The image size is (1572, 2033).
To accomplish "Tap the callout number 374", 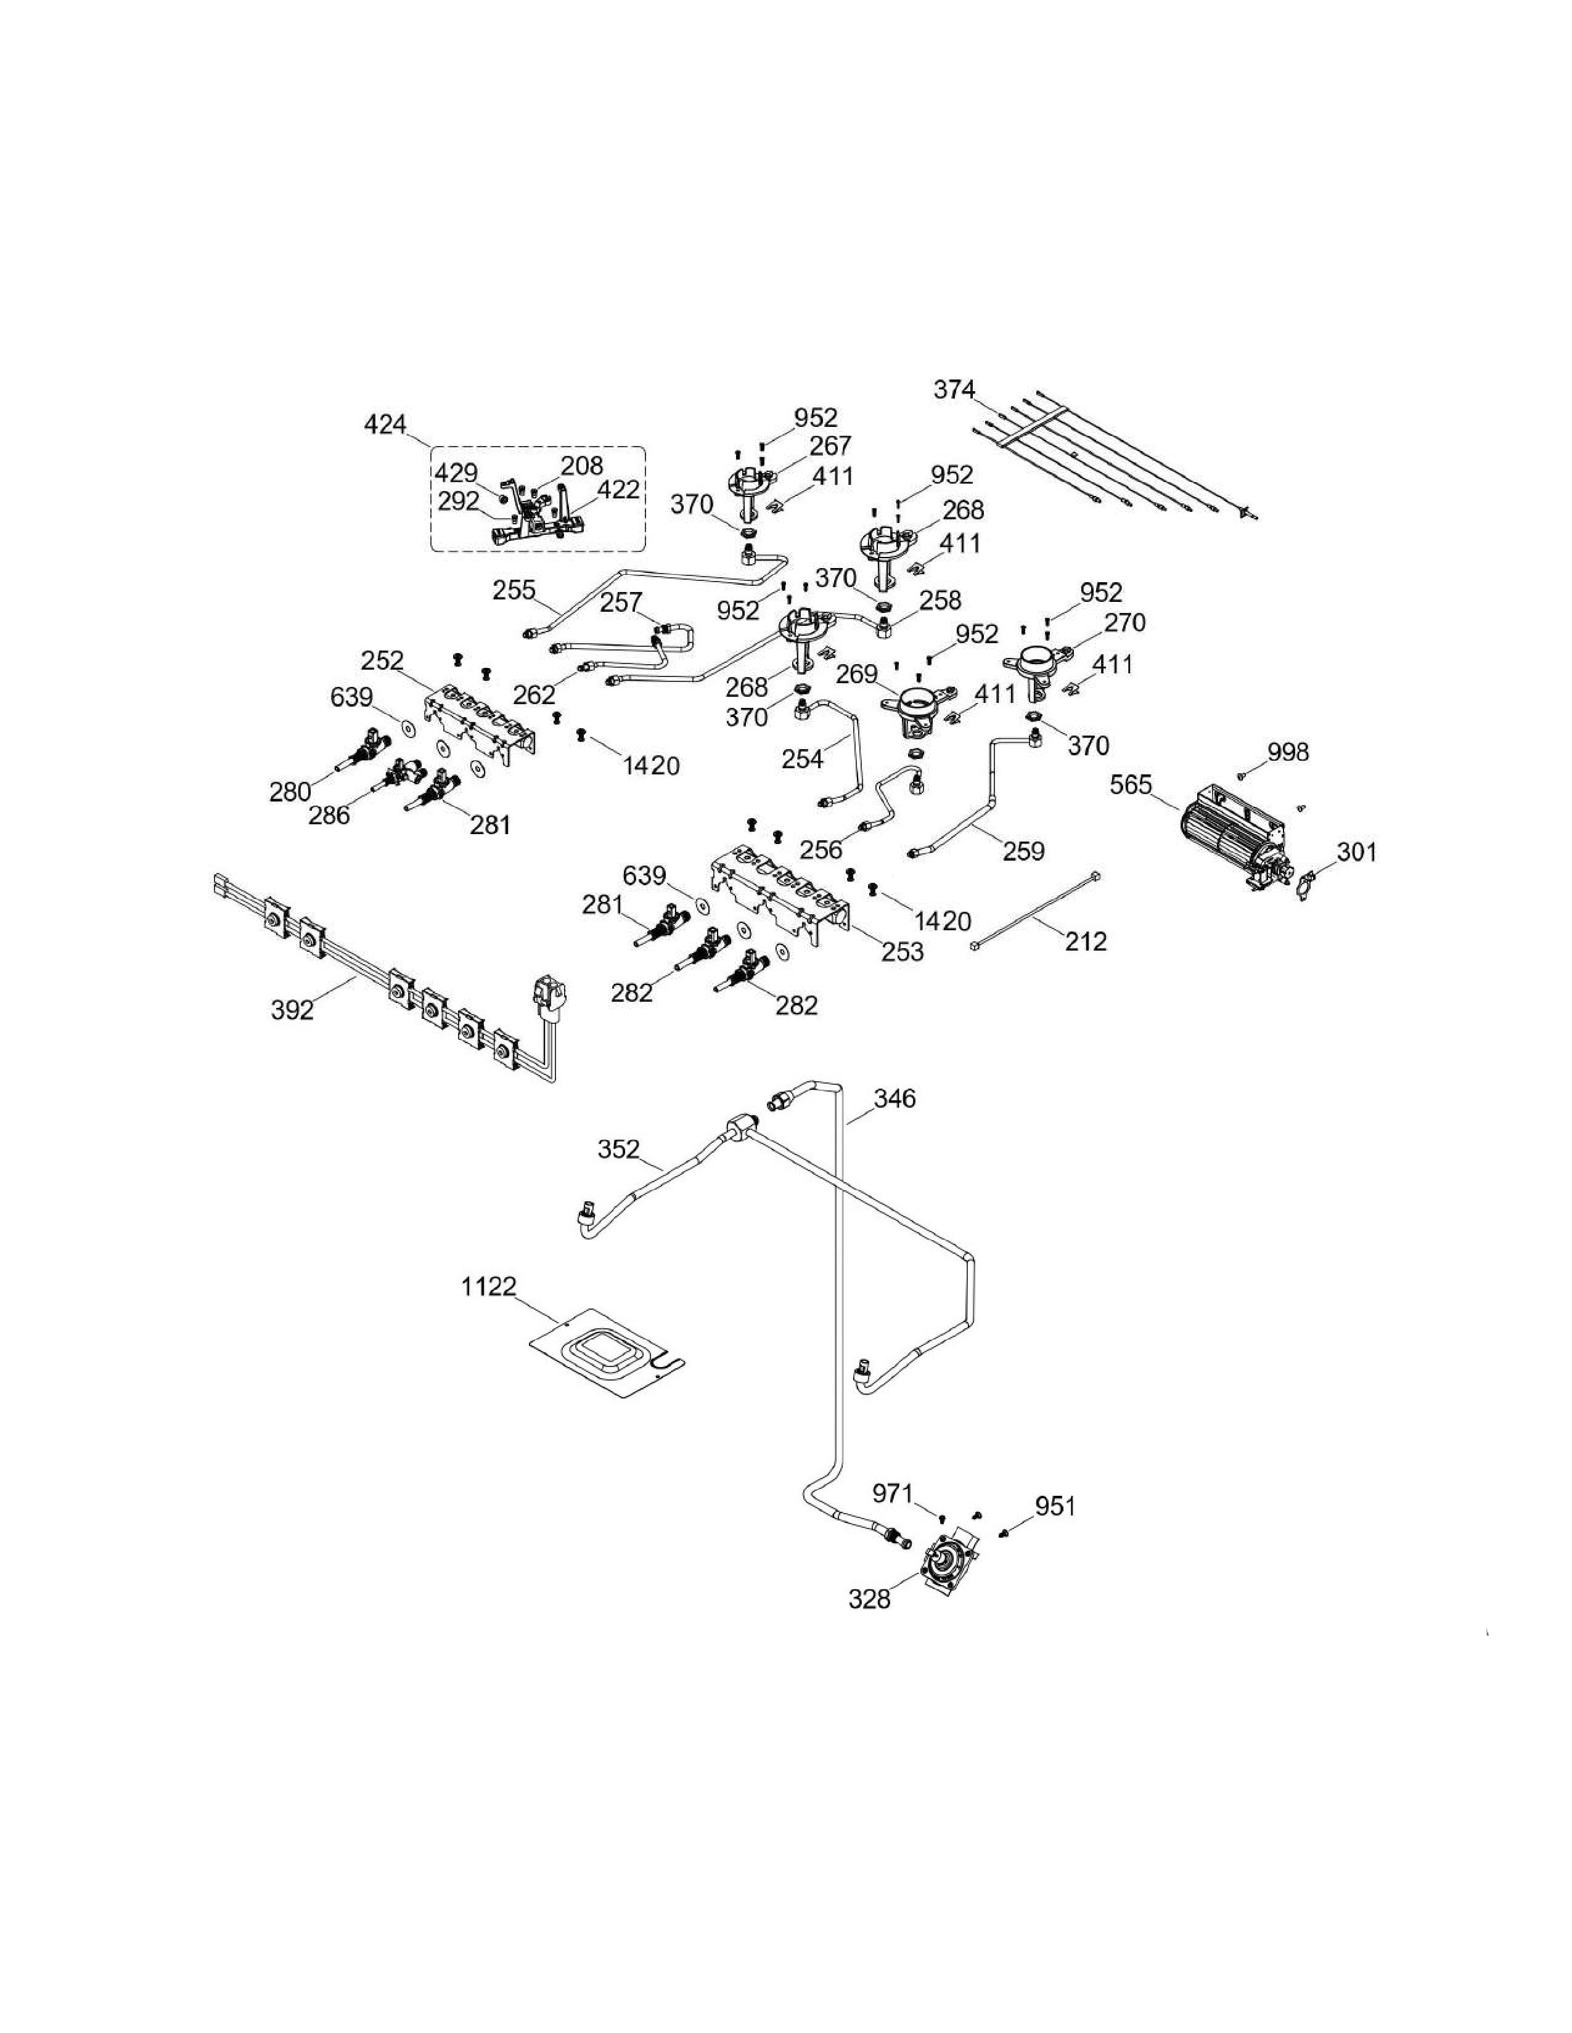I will [x=954, y=389].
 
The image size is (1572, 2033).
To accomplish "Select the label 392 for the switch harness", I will [x=292, y=1009].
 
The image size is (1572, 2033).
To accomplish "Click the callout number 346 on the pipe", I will [x=894, y=1098].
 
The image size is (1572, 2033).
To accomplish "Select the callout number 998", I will [x=1288, y=751].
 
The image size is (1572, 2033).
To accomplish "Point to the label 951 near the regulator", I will [x=1055, y=1505].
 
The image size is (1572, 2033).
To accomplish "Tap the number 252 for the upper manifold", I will [x=382, y=660].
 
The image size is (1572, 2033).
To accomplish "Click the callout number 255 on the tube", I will [x=514, y=589].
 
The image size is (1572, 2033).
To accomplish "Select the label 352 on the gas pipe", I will [x=618, y=1150].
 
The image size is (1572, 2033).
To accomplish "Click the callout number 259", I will [x=1023, y=850].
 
